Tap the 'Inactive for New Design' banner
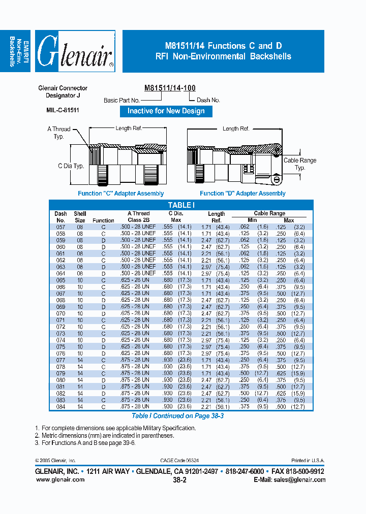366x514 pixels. click(166, 111)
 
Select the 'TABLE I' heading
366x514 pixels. click(181, 205)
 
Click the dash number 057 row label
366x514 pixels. click(60, 227)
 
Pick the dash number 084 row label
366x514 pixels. click(60, 406)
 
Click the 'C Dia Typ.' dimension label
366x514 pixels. click(71, 166)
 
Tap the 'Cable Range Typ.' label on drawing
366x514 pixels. click(300, 164)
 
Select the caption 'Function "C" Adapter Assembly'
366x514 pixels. click(121, 194)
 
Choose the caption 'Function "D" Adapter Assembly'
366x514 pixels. click(242, 194)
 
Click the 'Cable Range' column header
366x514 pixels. click(269, 213)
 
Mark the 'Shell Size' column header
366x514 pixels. click(80, 217)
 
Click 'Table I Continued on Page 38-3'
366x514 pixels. click(178, 415)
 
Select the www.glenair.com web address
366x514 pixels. click(60, 479)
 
